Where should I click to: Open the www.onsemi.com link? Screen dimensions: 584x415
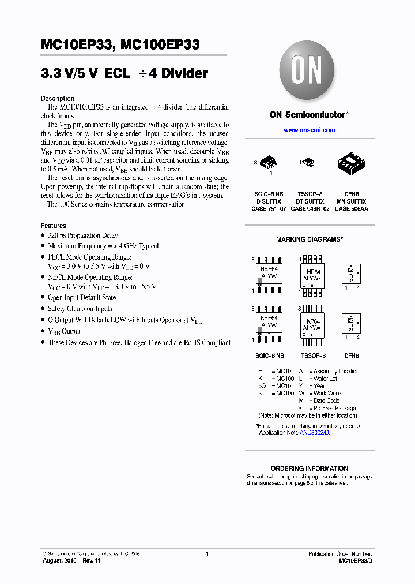(309, 130)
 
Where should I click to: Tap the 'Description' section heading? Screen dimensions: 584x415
(58, 99)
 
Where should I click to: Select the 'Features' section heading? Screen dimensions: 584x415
(54, 226)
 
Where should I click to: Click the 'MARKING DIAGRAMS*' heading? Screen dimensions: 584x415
(309, 239)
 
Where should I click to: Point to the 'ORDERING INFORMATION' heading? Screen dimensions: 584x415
(309, 468)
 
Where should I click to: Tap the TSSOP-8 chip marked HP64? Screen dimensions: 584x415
(313, 274)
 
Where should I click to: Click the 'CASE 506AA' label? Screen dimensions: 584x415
(351, 209)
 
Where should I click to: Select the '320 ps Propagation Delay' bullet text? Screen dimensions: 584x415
(83, 235)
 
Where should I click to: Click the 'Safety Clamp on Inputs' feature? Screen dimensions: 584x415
(80, 309)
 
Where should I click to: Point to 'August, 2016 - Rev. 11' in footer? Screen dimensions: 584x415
(72, 560)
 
